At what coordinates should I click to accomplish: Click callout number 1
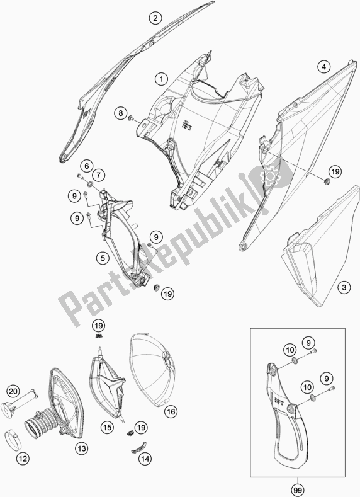point(162,79)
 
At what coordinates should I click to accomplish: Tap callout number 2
point(155,18)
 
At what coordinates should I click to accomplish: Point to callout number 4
point(323,67)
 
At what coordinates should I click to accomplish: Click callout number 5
point(103,258)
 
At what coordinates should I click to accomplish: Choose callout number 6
point(86,166)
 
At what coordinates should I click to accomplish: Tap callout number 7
point(98,175)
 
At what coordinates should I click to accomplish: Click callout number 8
point(121,113)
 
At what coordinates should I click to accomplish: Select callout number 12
point(24,458)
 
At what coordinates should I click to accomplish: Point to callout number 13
point(81,448)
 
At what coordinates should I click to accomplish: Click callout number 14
point(145,458)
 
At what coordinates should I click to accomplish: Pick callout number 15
point(107,428)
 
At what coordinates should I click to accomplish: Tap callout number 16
point(171,412)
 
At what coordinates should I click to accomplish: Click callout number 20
point(13,392)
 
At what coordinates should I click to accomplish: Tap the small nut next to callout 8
point(130,118)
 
